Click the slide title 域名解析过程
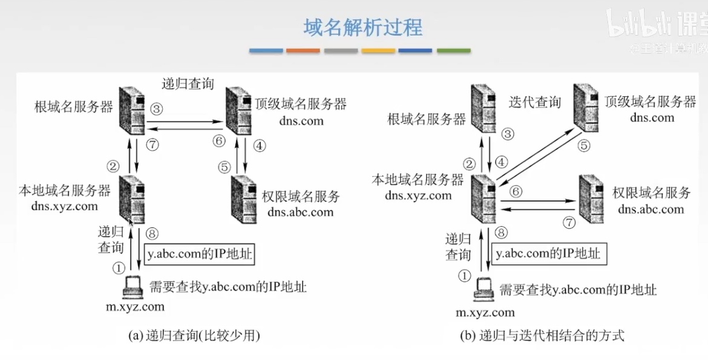[362, 27]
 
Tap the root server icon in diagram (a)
[132, 110]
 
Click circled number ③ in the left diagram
[157, 110]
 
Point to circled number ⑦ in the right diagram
[568, 222]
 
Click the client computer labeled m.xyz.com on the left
[132, 288]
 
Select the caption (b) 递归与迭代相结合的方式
[542, 335]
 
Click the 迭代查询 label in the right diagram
[535, 102]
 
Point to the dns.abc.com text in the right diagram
[651, 210]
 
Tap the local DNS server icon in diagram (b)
[483, 199]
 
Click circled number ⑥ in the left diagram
[218, 141]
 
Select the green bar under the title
[453, 51]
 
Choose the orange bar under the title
[303, 51]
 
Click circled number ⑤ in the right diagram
[584, 145]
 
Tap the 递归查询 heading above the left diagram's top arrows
[188, 84]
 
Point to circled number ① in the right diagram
[464, 276]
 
